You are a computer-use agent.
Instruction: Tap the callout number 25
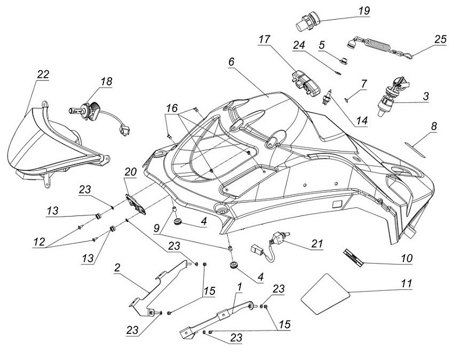pyautogui.click(x=440, y=39)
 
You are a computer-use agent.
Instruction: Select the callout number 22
pyautogui.click(x=43, y=74)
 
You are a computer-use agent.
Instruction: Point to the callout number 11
pyautogui.click(x=406, y=283)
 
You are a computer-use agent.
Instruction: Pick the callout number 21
pyautogui.click(x=316, y=244)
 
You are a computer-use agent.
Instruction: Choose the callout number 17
pyautogui.click(x=264, y=39)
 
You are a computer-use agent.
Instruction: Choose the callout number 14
pyautogui.click(x=361, y=121)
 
